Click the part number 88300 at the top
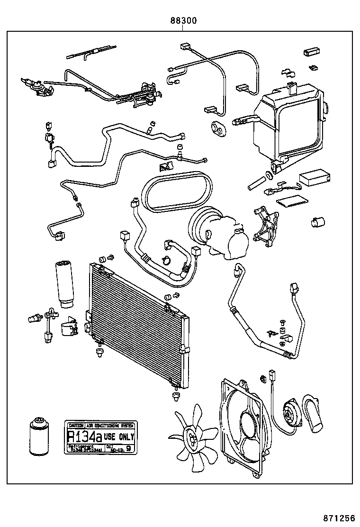click(184, 21)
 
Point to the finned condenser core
click(137, 327)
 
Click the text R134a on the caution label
click(84, 436)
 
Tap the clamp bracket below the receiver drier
click(69, 327)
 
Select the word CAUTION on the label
click(76, 425)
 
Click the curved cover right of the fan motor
click(315, 412)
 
